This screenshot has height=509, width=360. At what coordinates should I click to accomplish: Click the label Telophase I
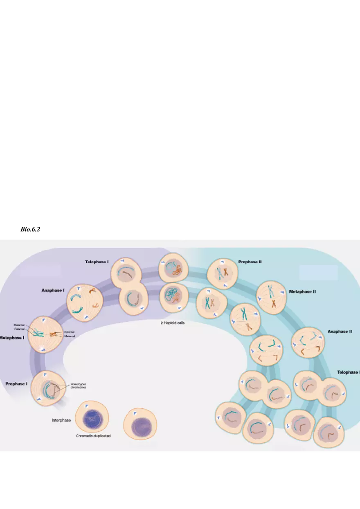click(x=97, y=262)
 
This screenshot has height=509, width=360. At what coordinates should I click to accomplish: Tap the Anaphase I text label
click(x=53, y=290)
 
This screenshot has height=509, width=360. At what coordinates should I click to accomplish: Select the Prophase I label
click(x=16, y=384)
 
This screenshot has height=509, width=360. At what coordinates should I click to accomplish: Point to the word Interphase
click(x=61, y=420)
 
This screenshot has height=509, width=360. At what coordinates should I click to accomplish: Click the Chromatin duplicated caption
click(x=93, y=436)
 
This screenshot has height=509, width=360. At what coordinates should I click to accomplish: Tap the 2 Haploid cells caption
click(x=173, y=323)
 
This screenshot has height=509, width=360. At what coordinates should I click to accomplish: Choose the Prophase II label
click(x=250, y=262)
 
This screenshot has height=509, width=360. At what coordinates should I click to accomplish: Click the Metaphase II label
click(x=302, y=292)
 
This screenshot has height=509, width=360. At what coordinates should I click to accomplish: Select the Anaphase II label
click(x=340, y=332)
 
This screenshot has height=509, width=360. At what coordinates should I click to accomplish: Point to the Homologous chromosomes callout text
click(x=78, y=386)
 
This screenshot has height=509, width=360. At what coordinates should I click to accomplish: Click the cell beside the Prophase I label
click(x=48, y=388)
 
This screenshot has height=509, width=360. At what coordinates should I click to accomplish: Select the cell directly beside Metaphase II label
click(x=270, y=297)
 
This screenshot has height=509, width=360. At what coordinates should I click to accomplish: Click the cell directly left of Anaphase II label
click(x=308, y=343)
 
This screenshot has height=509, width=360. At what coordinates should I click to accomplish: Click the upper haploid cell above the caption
click(x=173, y=268)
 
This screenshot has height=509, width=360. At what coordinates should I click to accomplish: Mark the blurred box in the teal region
click(x=318, y=273)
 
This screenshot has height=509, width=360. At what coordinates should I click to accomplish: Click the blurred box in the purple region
click(x=40, y=270)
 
